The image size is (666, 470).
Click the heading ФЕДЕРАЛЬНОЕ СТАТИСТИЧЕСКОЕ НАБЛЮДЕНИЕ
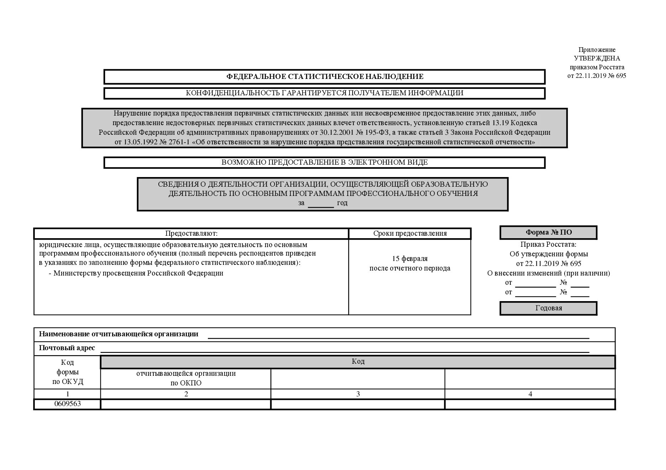325,76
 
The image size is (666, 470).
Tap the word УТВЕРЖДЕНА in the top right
597,58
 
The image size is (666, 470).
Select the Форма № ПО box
549,233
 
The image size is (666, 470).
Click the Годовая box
549,308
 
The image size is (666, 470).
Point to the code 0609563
68,404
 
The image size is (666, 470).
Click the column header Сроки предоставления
410,234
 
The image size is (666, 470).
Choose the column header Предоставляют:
191,234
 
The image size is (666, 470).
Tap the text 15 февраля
410,258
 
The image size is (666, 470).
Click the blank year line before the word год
321,204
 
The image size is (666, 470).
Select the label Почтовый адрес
67,348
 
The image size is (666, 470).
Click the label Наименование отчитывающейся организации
119,334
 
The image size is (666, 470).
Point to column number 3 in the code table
358,394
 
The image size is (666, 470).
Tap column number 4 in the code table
530,394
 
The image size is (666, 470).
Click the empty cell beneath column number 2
186,404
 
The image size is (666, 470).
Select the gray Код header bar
358,362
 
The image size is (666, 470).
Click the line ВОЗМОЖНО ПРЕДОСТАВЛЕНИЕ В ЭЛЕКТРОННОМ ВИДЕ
325,162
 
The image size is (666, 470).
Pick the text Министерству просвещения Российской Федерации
138,273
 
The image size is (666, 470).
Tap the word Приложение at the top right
597,50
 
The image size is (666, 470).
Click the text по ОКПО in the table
186,383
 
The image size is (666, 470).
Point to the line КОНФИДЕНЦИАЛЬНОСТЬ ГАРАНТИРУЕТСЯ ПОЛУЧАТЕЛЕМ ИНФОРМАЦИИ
325,93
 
